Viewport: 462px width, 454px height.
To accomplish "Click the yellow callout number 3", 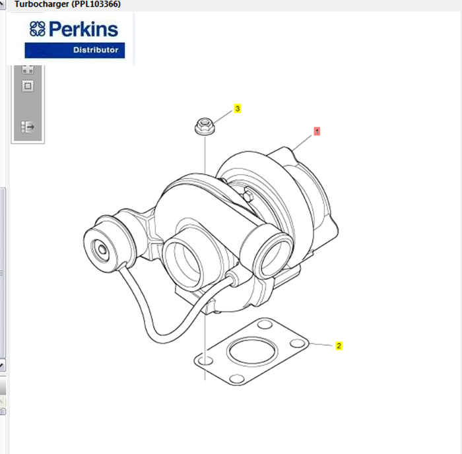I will (238, 108).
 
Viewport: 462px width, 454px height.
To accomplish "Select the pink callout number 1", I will (317, 131).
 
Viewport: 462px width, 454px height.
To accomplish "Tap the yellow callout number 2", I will (339, 345).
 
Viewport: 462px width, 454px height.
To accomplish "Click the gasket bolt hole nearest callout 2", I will (299, 344).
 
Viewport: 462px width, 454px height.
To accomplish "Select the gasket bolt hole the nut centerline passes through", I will (206, 361).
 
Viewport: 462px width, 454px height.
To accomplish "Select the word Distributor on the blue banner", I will (95, 50).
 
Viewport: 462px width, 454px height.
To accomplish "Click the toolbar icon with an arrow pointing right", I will (28, 126).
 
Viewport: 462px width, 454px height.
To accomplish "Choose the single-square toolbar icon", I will (28, 86).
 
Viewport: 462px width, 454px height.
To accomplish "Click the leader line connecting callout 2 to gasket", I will (320, 344).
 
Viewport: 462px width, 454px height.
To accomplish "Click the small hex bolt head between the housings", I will (249, 195).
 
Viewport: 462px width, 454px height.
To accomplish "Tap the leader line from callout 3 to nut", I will (222, 114).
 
